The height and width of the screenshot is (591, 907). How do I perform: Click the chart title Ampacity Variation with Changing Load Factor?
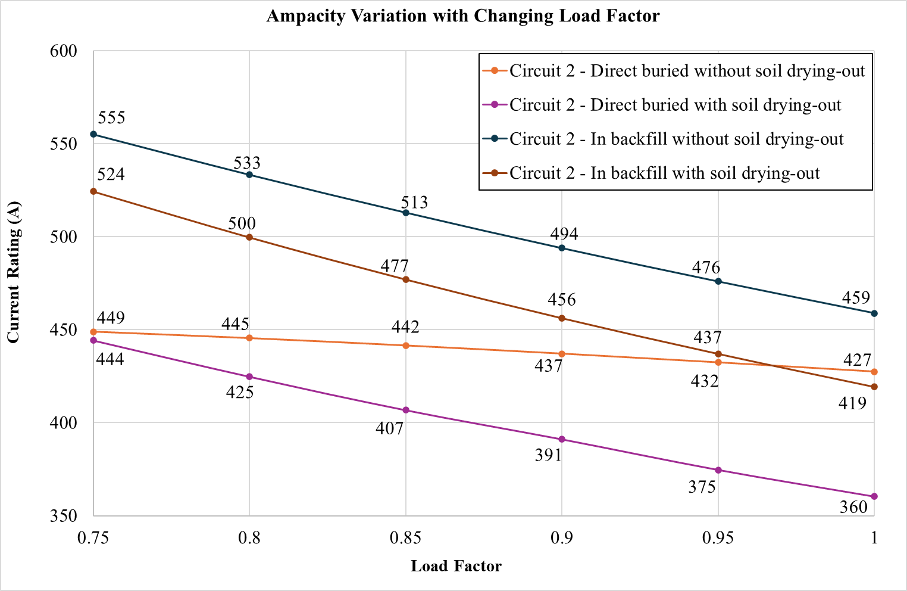click(x=462, y=15)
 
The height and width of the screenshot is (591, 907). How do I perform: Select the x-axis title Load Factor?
click(x=456, y=566)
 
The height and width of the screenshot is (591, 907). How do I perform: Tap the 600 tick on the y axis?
click(x=64, y=51)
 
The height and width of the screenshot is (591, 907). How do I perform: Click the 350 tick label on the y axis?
click(x=64, y=516)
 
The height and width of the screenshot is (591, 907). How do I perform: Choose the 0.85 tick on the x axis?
click(x=405, y=539)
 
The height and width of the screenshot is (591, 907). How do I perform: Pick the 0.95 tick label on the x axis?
click(x=718, y=539)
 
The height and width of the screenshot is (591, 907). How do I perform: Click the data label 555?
click(x=111, y=118)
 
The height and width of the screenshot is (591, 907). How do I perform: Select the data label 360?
click(x=853, y=508)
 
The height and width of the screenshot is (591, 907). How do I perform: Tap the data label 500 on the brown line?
click(x=242, y=224)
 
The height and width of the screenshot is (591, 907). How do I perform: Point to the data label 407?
click(x=390, y=428)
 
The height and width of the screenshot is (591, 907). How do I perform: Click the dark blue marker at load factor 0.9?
click(x=562, y=248)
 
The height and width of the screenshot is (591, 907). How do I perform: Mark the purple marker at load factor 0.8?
click(x=249, y=377)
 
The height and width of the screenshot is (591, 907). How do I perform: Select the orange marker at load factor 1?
click(x=874, y=372)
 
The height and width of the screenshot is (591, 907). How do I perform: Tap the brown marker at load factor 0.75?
click(x=93, y=191)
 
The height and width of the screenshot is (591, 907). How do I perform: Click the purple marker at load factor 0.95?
click(x=718, y=470)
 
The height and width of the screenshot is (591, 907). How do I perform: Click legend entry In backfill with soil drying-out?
click(x=664, y=173)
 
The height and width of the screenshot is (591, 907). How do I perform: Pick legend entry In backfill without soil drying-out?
click(x=676, y=139)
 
